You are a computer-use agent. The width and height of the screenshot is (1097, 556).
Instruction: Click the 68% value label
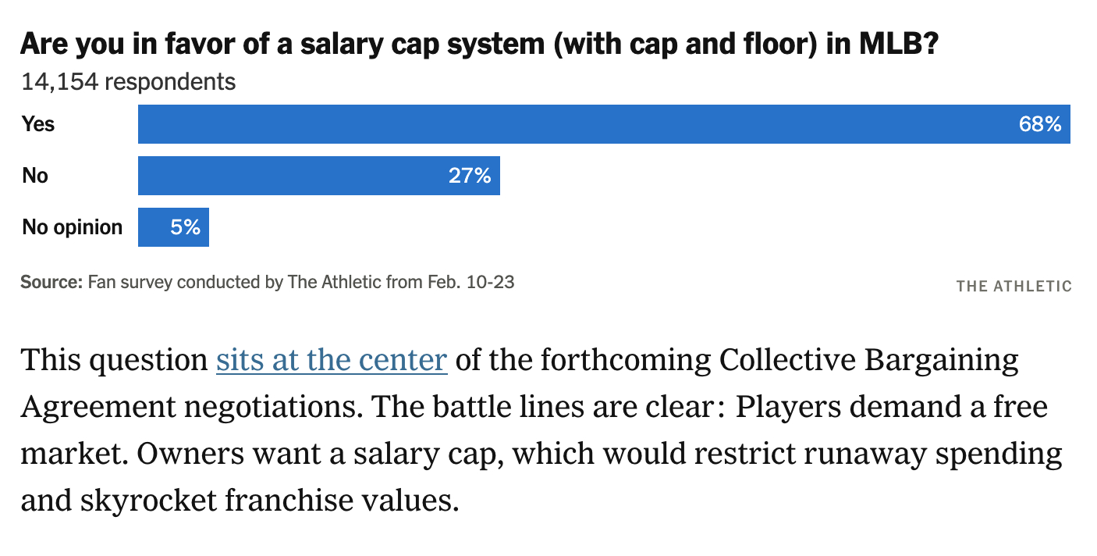tap(1040, 124)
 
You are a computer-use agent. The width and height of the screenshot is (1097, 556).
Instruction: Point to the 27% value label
tap(470, 176)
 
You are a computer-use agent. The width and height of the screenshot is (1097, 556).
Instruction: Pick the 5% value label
tap(186, 227)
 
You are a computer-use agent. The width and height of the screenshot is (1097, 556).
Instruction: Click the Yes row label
tap(38, 124)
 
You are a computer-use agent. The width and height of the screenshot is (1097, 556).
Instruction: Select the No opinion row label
tap(73, 227)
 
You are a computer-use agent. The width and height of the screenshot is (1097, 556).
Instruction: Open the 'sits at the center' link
tap(332, 361)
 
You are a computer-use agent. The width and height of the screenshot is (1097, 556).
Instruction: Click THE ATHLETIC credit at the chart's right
tap(1014, 286)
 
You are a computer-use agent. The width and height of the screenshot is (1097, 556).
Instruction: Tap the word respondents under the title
tap(169, 82)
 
